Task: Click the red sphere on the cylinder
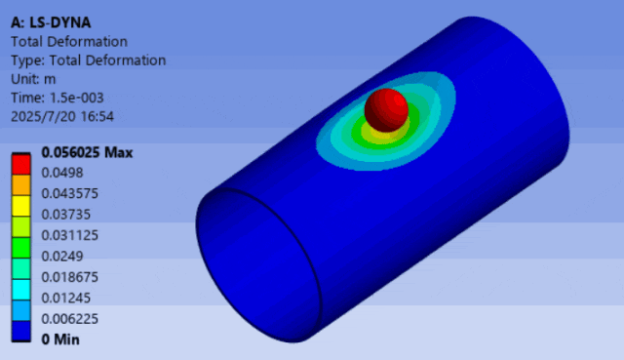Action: [x=386, y=110]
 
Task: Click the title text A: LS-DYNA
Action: [x=51, y=22]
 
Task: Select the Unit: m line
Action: [x=33, y=79]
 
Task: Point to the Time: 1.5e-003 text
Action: [x=57, y=98]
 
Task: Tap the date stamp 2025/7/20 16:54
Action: [x=62, y=117]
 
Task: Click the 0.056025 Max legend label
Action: [x=87, y=152]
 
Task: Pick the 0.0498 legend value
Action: [x=62, y=173]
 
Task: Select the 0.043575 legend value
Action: [x=69, y=193]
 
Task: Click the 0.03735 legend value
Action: [x=66, y=215]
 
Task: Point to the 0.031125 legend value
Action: [x=69, y=235]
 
